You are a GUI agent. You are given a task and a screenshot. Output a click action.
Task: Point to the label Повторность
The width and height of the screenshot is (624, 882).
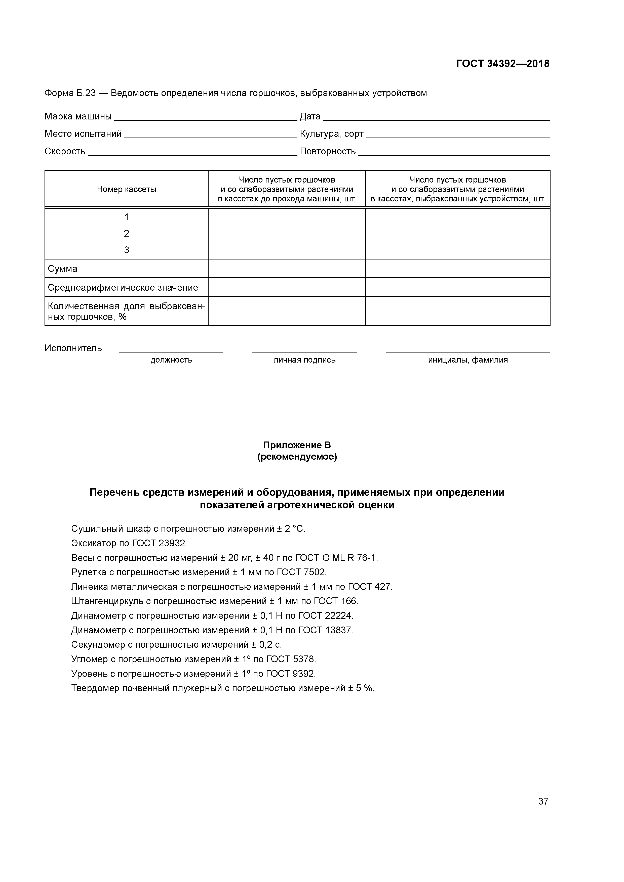click(328, 151)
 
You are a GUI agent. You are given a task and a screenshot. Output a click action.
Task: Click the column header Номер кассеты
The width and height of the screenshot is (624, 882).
click(127, 189)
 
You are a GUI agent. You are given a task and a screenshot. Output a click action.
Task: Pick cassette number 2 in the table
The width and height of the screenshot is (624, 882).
click(127, 234)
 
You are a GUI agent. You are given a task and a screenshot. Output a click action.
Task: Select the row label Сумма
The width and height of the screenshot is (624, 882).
click(62, 269)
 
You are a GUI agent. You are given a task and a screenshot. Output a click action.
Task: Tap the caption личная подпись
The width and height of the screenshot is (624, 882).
click(304, 360)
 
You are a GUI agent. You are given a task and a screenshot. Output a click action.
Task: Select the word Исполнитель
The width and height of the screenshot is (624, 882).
click(73, 348)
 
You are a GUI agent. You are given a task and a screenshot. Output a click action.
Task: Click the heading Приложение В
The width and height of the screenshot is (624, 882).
click(297, 445)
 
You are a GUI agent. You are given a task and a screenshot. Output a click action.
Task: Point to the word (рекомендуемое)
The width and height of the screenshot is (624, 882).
click(297, 457)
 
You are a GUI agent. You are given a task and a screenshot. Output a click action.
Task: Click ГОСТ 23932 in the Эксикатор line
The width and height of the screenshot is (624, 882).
click(159, 544)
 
